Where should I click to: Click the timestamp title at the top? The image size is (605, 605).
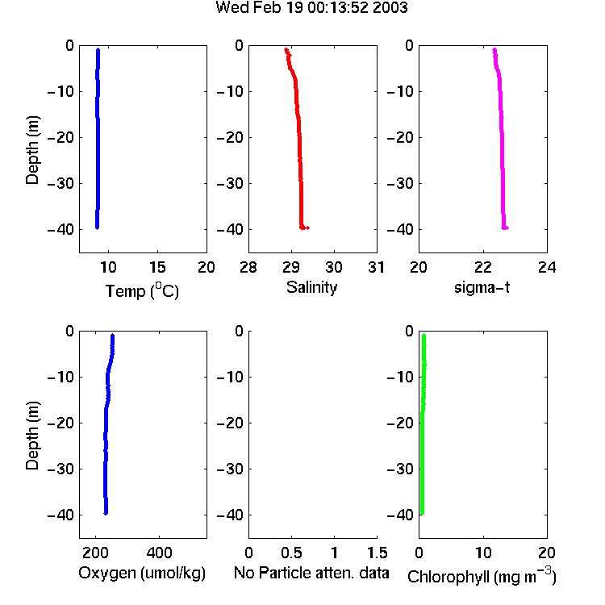tap(311, 7)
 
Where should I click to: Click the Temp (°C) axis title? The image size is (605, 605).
tap(142, 290)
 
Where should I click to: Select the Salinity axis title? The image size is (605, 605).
tap(311, 288)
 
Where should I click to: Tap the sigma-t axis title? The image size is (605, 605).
tap(482, 287)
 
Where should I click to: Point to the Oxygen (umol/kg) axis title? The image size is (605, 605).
tap(142, 573)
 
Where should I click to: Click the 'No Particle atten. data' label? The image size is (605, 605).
tap(311, 573)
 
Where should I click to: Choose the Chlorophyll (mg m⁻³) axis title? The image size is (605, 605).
tap(482, 576)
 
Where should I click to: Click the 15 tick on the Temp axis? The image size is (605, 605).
tap(157, 267)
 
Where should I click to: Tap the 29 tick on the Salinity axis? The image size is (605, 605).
tap(291, 267)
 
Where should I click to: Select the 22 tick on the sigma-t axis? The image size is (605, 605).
tap(483, 267)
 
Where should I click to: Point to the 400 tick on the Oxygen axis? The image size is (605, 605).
tap(159, 553)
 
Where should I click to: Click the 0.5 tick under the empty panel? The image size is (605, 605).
tap(291, 553)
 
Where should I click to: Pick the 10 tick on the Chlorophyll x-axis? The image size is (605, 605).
tap(483, 553)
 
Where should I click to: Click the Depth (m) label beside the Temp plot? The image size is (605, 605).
tap(32, 150)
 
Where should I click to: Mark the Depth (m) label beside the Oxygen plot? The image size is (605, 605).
tap(32, 436)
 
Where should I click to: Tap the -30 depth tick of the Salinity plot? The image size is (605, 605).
tap(231, 183)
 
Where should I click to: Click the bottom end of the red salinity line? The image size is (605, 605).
tap(302, 227)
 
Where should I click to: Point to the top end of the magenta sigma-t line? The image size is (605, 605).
tap(494, 49)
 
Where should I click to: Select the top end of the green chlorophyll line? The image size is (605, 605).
tap(423, 335)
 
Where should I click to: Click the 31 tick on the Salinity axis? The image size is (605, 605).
tap(376, 267)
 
